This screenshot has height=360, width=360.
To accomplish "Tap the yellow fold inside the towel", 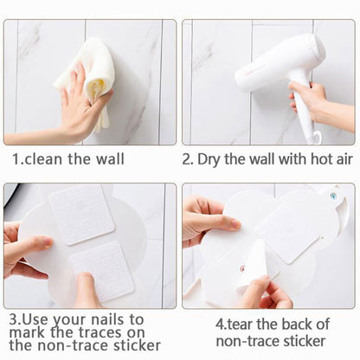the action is [96, 89].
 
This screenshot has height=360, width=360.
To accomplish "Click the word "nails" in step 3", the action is [107, 320].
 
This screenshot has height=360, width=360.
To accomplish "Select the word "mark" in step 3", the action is [27, 332].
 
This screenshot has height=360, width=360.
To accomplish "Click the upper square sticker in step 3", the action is [82, 215].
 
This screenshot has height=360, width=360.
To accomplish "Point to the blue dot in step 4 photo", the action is [334, 196].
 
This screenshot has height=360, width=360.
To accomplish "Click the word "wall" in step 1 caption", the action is [110, 159].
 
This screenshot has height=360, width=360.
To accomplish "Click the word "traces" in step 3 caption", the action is [103, 332].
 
